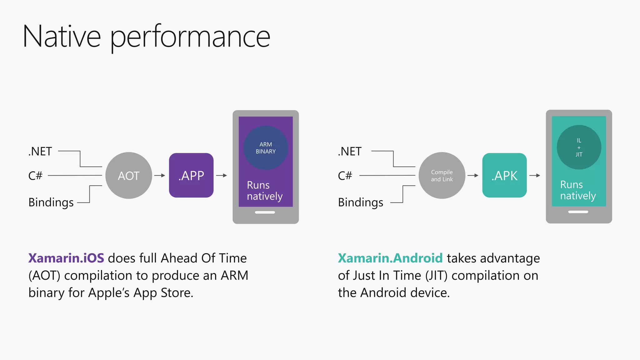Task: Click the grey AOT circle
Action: (129, 176)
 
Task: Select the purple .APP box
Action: (191, 175)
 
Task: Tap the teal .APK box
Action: (504, 175)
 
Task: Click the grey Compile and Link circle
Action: (442, 176)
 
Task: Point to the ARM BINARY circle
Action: (266, 148)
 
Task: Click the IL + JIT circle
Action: (579, 147)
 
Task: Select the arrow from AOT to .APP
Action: (160, 176)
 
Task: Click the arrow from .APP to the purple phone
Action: (222, 176)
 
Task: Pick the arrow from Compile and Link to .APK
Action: (473, 176)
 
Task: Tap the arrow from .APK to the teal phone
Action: (535, 176)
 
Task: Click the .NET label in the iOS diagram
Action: (40, 152)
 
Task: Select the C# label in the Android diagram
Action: (345, 176)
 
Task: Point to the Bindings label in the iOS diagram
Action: (51, 202)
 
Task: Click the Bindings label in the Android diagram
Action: (361, 202)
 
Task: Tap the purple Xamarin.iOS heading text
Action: (66, 258)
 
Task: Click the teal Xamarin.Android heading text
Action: (390, 258)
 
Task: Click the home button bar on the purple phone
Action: (265, 212)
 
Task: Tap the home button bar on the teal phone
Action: (578, 212)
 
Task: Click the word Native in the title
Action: (62, 37)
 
